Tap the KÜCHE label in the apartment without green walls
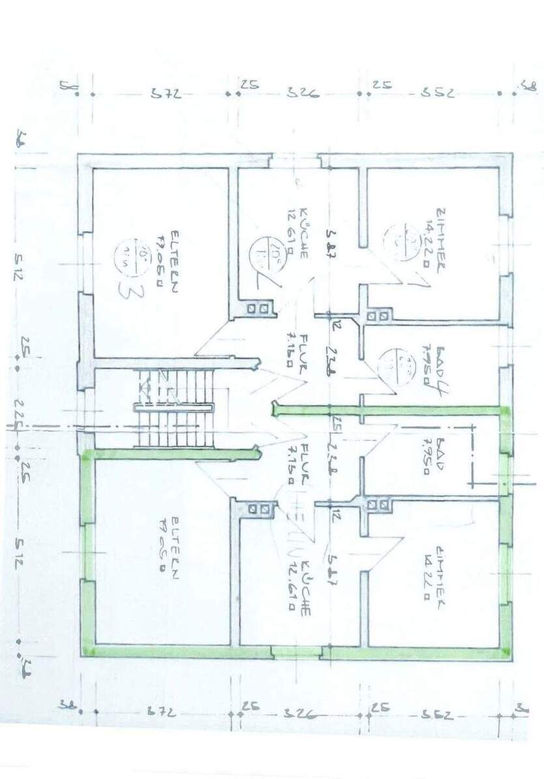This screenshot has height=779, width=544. pyautogui.click(x=303, y=236)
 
